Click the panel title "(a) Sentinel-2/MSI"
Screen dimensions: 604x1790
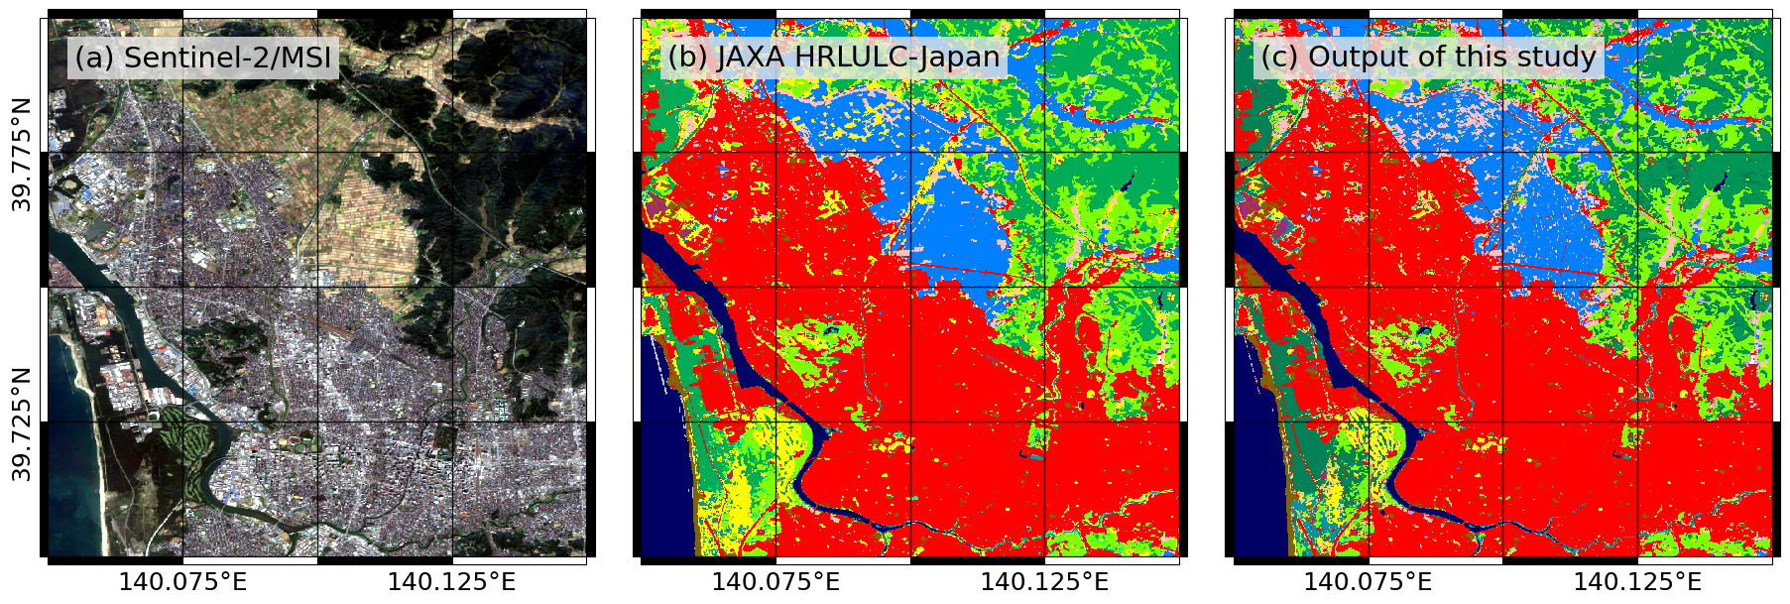(x=203, y=58)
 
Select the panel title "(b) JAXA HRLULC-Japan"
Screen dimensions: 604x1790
(x=833, y=58)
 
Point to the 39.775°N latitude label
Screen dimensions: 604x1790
(x=22, y=154)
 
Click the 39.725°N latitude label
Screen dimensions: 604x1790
(x=22, y=423)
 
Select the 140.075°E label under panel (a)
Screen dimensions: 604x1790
(x=182, y=582)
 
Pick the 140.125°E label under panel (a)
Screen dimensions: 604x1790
(x=451, y=582)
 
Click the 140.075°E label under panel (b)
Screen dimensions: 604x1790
(x=776, y=582)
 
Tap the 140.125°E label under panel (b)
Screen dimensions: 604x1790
(x=1044, y=582)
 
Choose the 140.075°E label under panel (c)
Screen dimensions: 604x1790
(x=1368, y=582)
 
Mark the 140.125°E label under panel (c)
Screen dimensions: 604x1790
(x=1637, y=582)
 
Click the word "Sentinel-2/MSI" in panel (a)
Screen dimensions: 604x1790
(x=228, y=58)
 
